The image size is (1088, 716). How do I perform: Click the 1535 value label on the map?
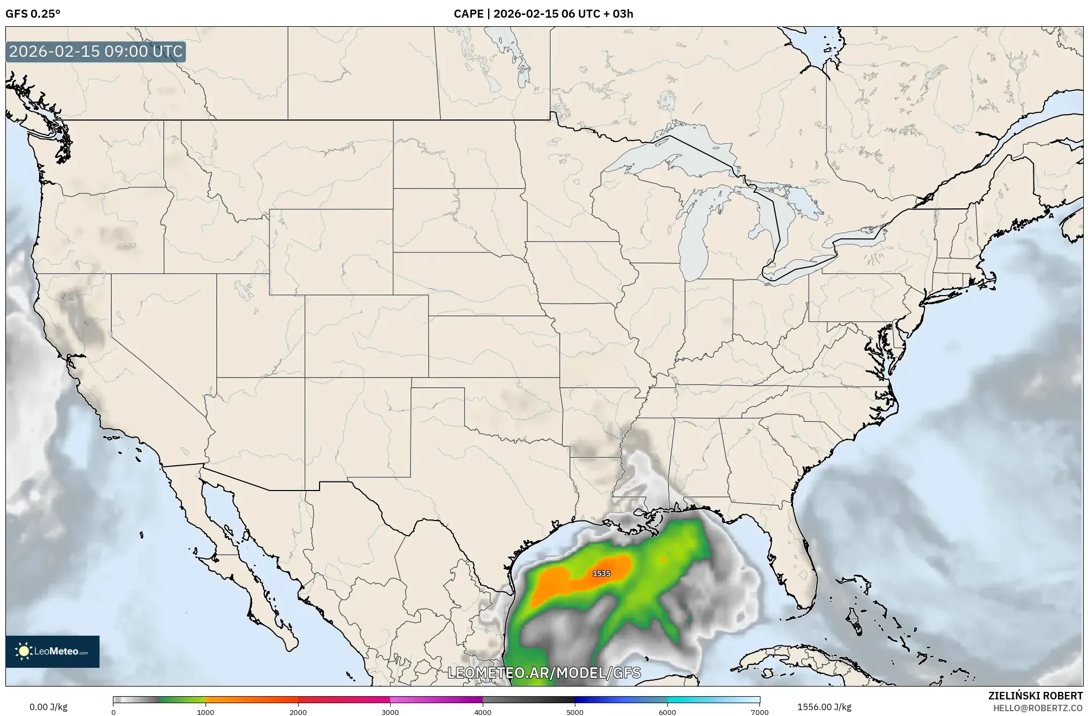point(601,574)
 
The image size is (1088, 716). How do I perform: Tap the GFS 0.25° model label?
point(33,14)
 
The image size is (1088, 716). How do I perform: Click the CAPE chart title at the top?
point(543,14)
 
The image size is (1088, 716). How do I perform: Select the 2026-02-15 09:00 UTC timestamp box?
point(96,51)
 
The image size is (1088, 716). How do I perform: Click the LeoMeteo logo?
point(52,651)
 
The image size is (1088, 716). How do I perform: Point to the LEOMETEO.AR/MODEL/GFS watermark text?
point(544,673)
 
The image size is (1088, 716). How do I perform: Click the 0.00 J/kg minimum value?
point(48,707)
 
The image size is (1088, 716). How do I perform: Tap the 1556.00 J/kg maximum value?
point(824,707)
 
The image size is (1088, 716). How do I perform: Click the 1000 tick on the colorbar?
point(206,712)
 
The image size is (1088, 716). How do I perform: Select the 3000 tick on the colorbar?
point(390,712)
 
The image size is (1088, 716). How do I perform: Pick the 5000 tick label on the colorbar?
point(575,712)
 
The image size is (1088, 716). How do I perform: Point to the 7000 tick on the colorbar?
point(759,712)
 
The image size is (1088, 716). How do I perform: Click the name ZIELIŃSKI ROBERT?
point(1035,696)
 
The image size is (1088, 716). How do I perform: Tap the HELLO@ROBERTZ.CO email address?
point(1038,708)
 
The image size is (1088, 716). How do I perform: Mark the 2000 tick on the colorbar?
point(298,712)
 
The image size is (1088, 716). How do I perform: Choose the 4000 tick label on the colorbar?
point(483,712)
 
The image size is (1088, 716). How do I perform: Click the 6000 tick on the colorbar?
point(667,712)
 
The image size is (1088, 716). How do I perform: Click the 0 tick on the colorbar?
point(113,712)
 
